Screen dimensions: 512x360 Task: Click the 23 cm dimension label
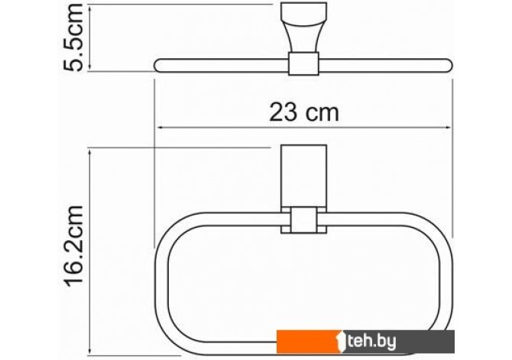coord(304,112)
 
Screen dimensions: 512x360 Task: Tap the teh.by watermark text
coord(372,342)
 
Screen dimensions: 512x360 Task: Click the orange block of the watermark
coord(309,342)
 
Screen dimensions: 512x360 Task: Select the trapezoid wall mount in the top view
coord(303,27)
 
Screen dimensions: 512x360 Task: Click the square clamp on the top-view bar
coord(303,63)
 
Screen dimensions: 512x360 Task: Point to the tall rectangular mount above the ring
coord(303,176)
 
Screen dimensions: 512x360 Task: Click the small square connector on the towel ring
coord(303,219)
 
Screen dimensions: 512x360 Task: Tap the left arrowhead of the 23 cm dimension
coord(160,128)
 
